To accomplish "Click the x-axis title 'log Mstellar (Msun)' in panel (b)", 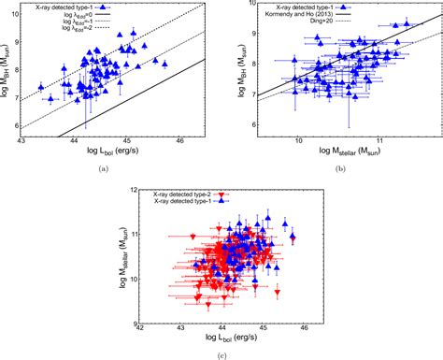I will (342, 153).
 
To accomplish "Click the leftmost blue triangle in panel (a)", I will (41, 88).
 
